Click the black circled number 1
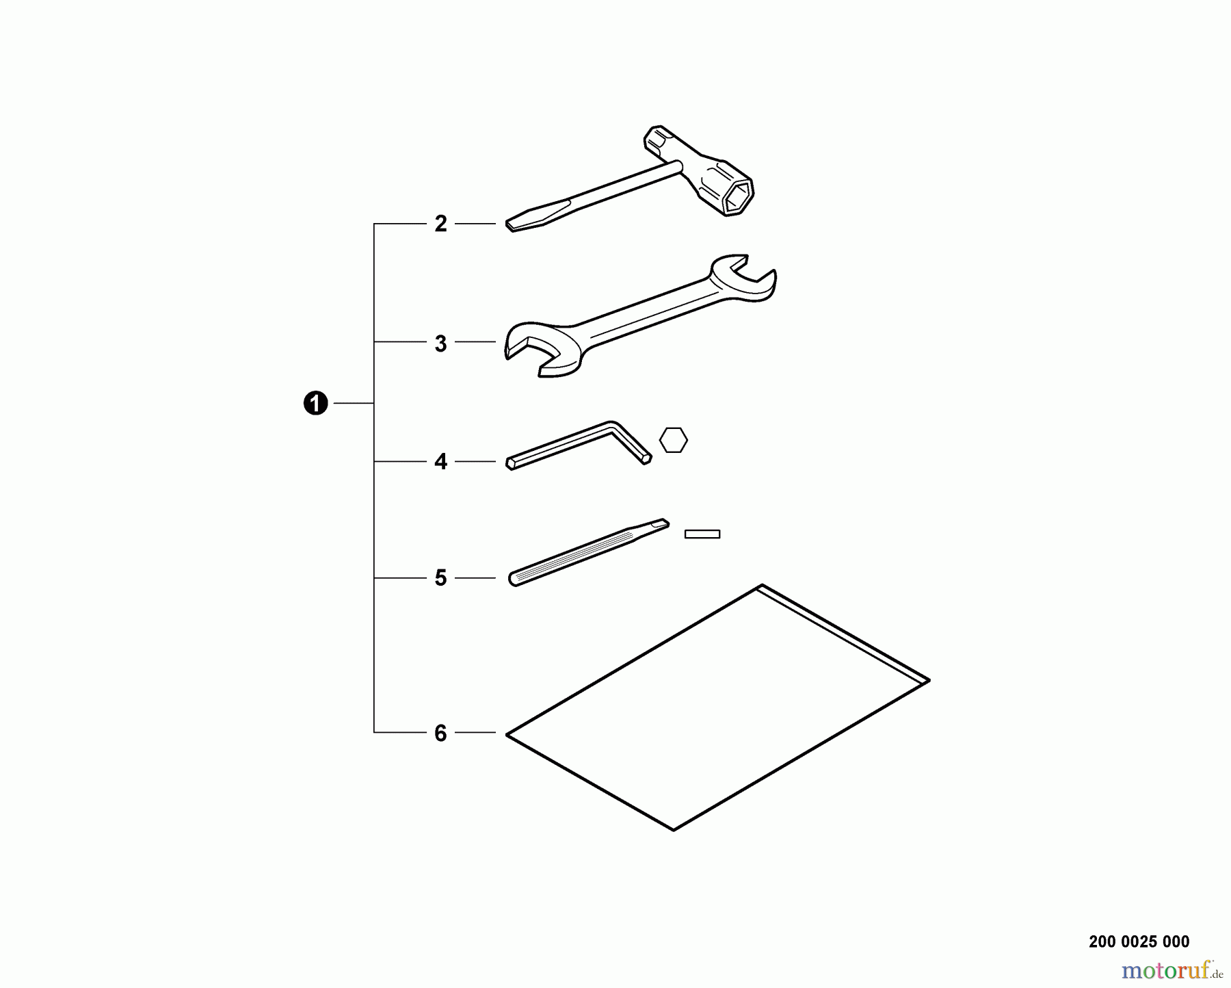pyautogui.click(x=315, y=404)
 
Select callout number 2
pyautogui.click(x=441, y=224)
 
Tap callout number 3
pyautogui.click(x=441, y=343)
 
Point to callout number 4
pyautogui.click(x=441, y=462)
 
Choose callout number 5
pyautogui.click(x=441, y=578)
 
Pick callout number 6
pyautogui.click(x=441, y=733)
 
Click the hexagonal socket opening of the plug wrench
pyautogui.click(x=739, y=196)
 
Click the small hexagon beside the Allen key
pyautogui.click(x=674, y=440)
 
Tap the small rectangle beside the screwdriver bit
pyautogui.click(x=702, y=534)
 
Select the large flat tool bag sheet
pyautogui.click(x=717, y=707)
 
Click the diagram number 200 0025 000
pyautogui.click(x=1139, y=942)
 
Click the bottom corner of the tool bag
pyautogui.click(x=674, y=830)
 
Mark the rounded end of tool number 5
pyautogui.click(x=514, y=580)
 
